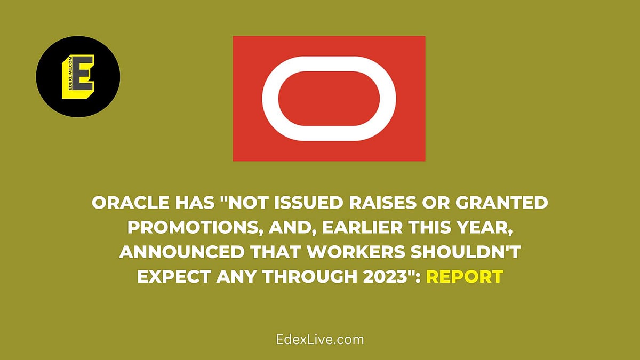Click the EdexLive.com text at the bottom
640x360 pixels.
tap(320, 339)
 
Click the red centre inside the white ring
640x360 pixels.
tap(329, 98)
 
